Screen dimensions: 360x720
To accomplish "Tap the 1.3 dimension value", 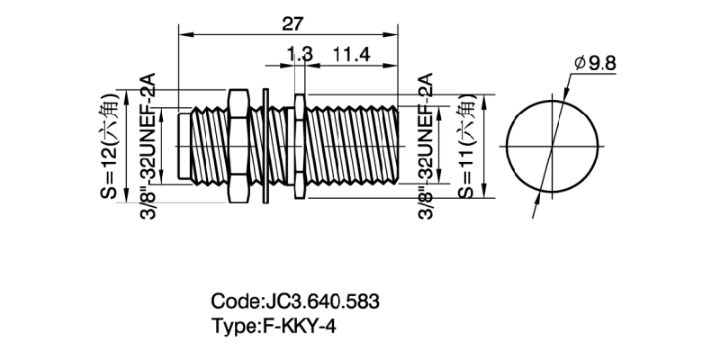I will point(299,55).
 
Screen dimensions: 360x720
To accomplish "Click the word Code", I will point(232,301).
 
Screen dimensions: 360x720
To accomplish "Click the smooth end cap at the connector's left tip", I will point(184,146).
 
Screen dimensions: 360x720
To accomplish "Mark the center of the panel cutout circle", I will point(553,146).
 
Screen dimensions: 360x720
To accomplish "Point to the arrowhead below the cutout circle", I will point(538,203).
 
